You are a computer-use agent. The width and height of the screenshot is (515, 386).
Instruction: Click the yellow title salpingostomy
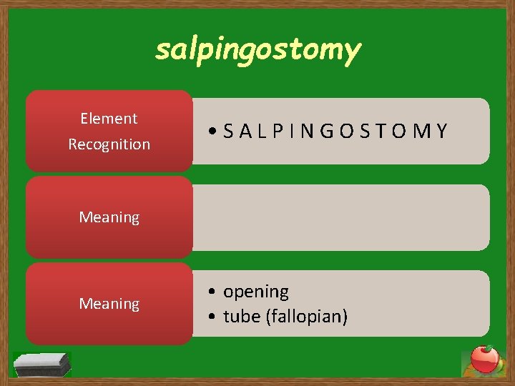click(x=257, y=50)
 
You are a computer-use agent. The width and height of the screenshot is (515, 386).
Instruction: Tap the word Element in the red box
click(x=109, y=119)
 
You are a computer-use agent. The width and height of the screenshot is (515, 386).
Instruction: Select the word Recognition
click(x=109, y=144)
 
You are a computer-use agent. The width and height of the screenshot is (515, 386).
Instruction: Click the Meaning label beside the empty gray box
click(x=109, y=217)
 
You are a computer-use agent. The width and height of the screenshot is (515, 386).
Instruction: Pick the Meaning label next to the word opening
click(x=109, y=305)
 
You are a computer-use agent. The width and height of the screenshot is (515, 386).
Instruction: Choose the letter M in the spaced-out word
click(x=423, y=132)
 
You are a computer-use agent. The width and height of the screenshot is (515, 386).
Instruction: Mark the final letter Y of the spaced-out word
click(x=441, y=132)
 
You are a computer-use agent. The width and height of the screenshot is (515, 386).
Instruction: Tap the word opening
click(x=256, y=292)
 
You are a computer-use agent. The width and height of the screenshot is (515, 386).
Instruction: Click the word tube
click(x=241, y=316)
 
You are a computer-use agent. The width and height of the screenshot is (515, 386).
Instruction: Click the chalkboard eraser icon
click(x=43, y=364)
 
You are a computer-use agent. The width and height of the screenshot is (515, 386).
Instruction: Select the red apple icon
click(x=484, y=360)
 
